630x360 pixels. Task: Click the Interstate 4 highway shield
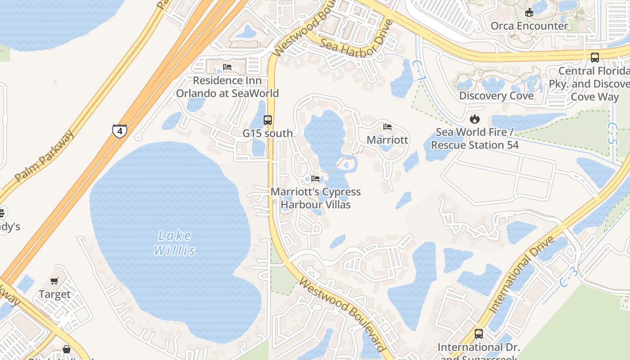click(x=120, y=131)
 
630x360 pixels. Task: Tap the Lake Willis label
click(x=175, y=243)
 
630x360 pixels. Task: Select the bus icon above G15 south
click(x=268, y=120)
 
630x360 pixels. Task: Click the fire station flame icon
click(x=474, y=119)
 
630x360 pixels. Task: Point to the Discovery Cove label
click(x=496, y=95)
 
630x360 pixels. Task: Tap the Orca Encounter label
click(x=529, y=26)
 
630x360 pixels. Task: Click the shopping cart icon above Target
click(x=54, y=281)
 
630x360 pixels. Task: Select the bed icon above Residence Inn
click(x=227, y=67)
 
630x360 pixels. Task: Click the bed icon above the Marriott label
click(x=387, y=127)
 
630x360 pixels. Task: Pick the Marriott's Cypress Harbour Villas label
click(x=315, y=198)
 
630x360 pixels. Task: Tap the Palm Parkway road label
click(x=44, y=156)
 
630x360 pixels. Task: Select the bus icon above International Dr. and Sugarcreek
click(x=479, y=334)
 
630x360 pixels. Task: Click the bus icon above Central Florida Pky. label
click(x=595, y=58)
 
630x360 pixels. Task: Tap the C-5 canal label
click(x=612, y=133)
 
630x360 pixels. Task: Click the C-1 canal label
click(x=420, y=72)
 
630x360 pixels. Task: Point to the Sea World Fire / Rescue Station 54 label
click(x=475, y=139)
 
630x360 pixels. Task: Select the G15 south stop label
click(x=268, y=133)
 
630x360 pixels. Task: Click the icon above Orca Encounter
click(x=529, y=13)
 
